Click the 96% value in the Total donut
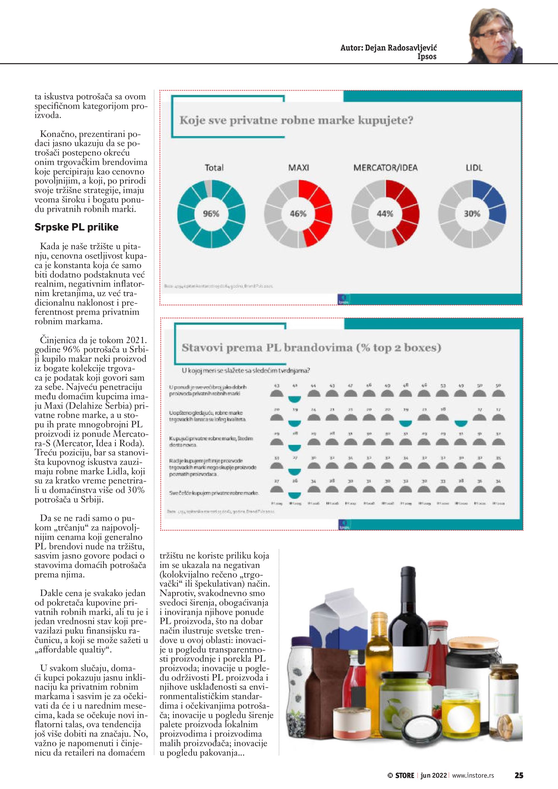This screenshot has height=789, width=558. [211, 214]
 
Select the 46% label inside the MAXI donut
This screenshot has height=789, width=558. [298, 214]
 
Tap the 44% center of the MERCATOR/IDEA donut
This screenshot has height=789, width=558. [385, 214]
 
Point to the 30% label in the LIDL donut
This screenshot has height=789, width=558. [472, 214]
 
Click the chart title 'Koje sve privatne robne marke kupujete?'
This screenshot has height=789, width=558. [296, 121]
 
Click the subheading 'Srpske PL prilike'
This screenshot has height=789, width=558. [76, 227]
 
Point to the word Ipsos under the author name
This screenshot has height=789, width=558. [427, 57]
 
